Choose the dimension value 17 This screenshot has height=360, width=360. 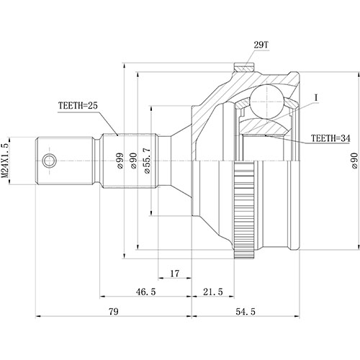[175, 274]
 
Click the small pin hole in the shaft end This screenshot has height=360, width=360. [48, 160]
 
